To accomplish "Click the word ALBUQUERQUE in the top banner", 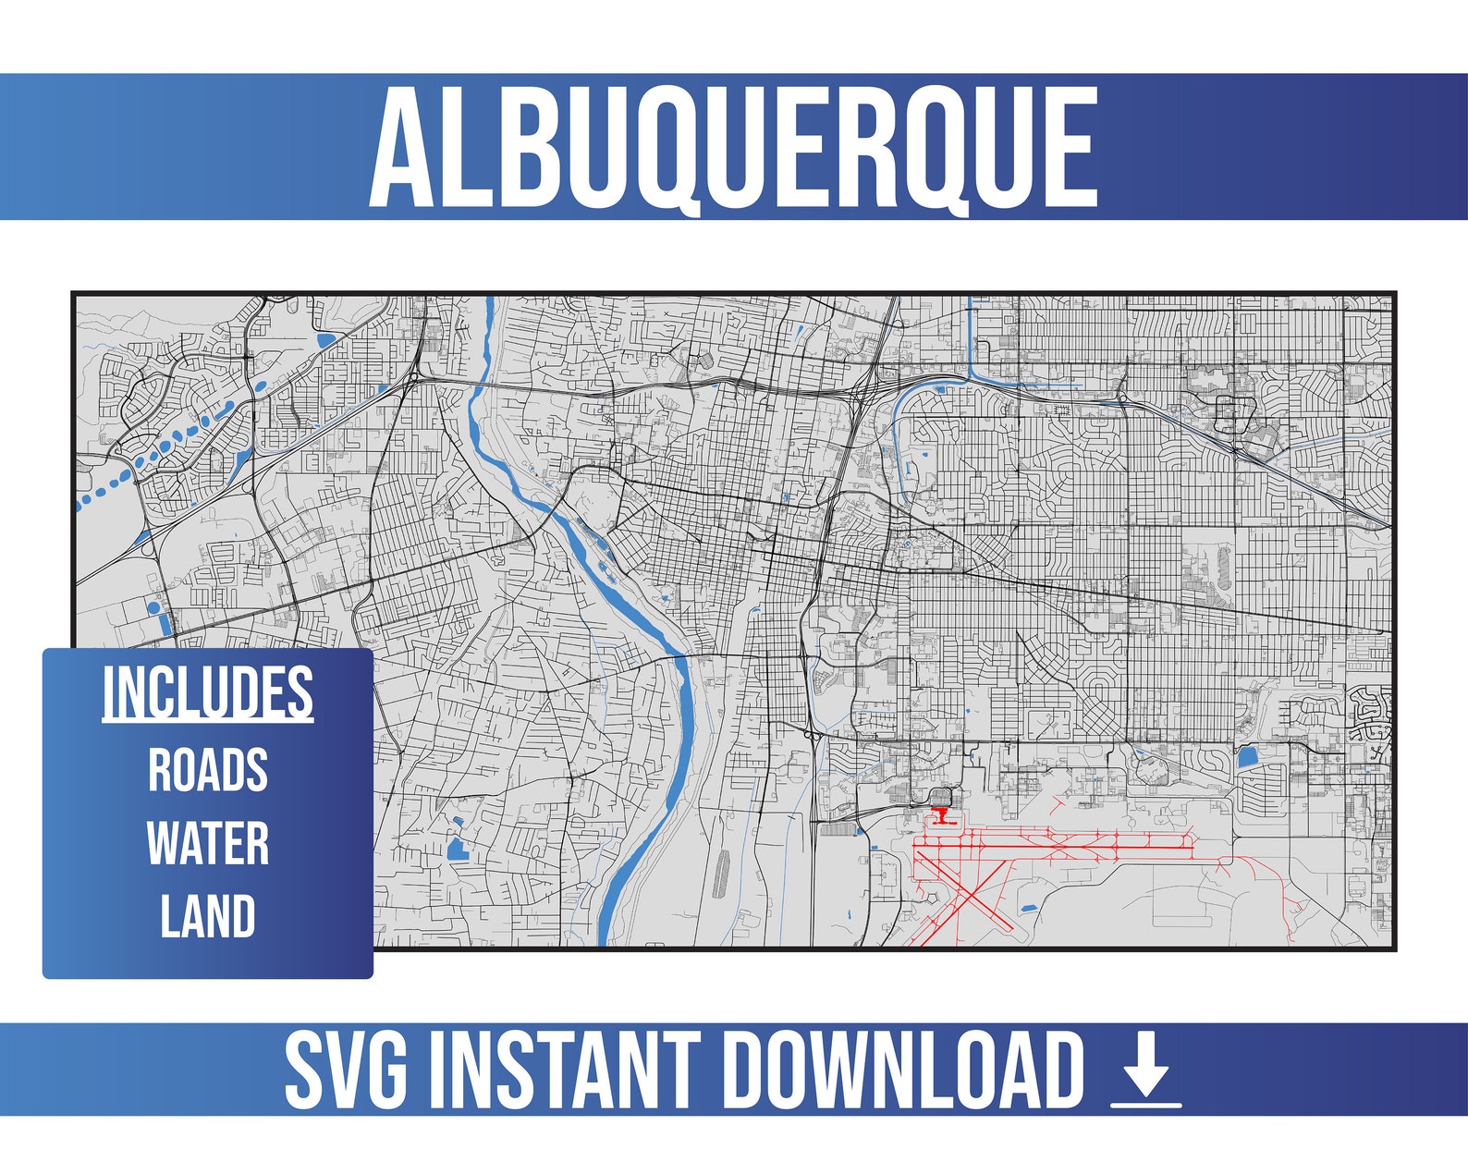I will (x=733, y=148).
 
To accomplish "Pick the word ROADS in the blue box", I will (x=208, y=769).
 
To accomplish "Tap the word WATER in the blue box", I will (x=208, y=843).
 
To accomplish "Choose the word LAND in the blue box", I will (x=208, y=916).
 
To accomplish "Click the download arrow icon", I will (x=1146, y=1072).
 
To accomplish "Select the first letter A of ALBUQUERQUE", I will (x=402, y=148).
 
